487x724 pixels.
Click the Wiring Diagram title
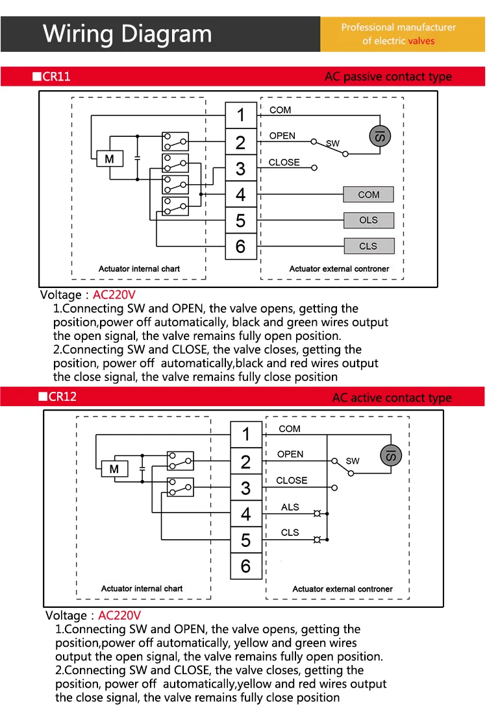coord(127,33)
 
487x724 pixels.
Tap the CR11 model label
coord(56,77)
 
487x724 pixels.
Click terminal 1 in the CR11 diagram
coord(241,115)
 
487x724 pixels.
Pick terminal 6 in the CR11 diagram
coord(241,247)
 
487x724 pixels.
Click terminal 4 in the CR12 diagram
coord(245,514)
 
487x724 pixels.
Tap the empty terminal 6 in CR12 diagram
coord(245,566)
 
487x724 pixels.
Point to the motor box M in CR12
coord(114,468)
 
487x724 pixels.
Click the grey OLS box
coord(368,220)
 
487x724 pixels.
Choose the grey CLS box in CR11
coord(368,246)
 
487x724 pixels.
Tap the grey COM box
coord(368,194)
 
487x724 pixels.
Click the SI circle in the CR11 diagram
coord(380,136)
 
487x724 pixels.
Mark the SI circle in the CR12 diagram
coord(391,455)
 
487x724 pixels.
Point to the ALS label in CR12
coord(290,507)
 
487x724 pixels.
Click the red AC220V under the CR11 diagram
coord(114,295)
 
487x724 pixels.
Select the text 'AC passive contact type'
coord(388,77)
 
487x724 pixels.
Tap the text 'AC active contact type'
coord(392,397)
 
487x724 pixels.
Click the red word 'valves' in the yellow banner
coord(421,41)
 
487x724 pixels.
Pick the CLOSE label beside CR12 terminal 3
coord(292,480)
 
